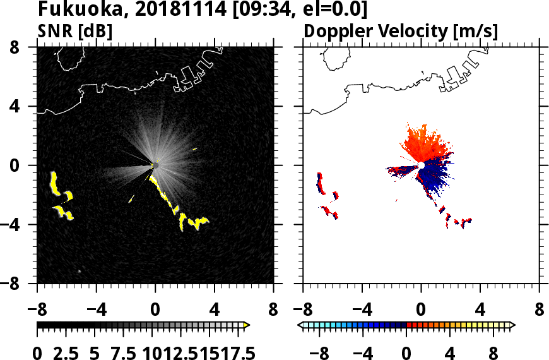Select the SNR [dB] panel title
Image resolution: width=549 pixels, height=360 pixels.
[75, 32]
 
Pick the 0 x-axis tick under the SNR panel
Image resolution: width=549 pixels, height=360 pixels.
[155, 311]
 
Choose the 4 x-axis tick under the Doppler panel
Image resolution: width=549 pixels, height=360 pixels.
[480, 311]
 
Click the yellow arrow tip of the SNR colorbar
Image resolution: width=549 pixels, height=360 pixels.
[247, 325]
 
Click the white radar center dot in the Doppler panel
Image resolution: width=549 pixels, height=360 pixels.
[421, 165]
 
